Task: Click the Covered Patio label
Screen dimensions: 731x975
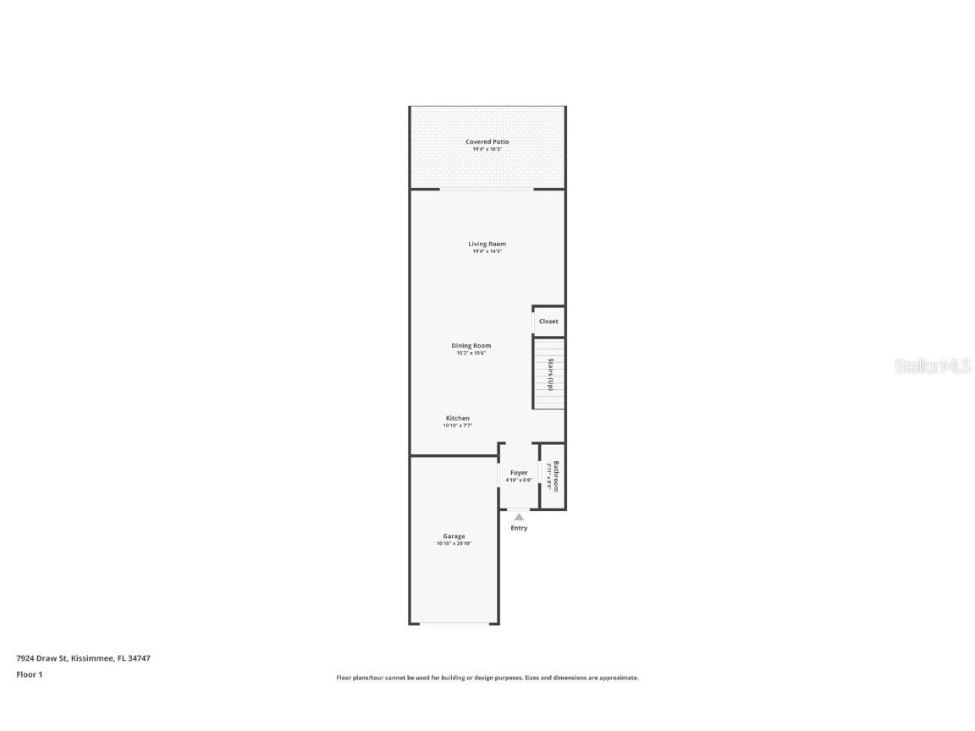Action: click(x=487, y=142)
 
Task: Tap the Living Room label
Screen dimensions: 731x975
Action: click(x=487, y=244)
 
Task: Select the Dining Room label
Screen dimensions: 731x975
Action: click(x=471, y=345)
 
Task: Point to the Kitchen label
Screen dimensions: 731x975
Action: click(x=458, y=418)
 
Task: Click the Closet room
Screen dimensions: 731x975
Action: click(x=548, y=322)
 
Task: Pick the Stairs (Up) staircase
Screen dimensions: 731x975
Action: click(x=548, y=373)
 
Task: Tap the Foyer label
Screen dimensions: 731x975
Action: click(x=519, y=473)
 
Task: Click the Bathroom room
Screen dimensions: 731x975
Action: click(x=553, y=476)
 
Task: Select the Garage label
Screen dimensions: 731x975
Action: click(x=454, y=536)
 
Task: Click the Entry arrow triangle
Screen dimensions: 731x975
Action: click(x=519, y=517)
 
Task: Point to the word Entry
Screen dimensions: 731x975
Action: click(x=519, y=528)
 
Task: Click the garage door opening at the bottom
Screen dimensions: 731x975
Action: click(x=454, y=624)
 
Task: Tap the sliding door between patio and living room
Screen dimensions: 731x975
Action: click(x=487, y=190)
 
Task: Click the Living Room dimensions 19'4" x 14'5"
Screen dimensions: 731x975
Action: click(x=487, y=251)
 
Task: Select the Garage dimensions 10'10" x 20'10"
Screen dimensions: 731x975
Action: click(x=454, y=543)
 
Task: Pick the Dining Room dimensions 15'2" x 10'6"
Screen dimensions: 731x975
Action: click(x=471, y=353)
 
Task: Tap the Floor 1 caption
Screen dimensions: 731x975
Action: click(x=29, y=674)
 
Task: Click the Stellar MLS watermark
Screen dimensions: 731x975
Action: click(x=934, y=365)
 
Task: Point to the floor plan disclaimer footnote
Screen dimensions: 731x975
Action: click(x=487, y=678)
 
